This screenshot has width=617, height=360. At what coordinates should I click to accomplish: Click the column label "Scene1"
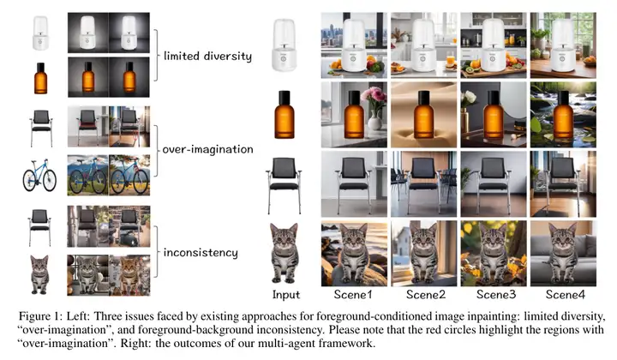point(354,294)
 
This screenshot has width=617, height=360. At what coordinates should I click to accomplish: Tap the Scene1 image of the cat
point(354,254)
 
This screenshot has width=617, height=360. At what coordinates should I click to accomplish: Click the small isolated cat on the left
point(39,272)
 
